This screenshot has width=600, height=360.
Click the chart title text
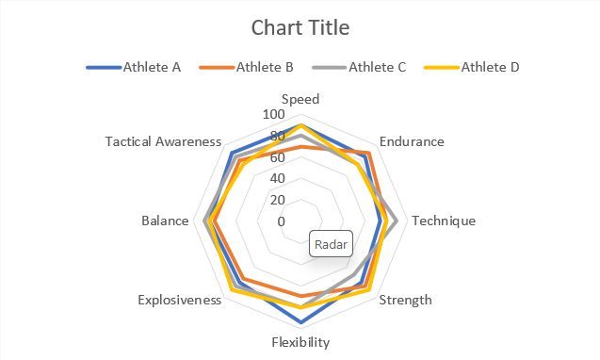click(x=300, y=27)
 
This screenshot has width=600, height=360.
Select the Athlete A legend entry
click(x=151, y=67)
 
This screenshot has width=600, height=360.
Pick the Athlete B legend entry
click(x=264, y=67)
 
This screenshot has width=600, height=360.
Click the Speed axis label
click(x=300, y=99)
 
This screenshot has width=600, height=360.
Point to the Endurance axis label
click(x=412, y=141)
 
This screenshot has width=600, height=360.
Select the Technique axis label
click(x=444, y=221)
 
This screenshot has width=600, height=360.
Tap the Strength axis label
click(x=405, y=300)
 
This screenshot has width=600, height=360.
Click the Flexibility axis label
click(x=300, y=341)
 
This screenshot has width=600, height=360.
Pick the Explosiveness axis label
click(x=179, y=300)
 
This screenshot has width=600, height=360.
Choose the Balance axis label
click(x=165, y=221)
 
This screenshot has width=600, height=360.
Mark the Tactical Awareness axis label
click(x=163, y=141)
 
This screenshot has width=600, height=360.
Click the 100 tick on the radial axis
click(x=273, y=113)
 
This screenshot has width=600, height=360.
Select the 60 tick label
click(x=277, y=156)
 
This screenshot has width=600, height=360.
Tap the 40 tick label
click(x=277, y=178)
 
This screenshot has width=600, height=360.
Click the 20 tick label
click(x=277, y=200)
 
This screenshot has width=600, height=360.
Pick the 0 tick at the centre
click(x=281, y=221)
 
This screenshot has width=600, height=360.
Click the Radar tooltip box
click(x=331, y=245)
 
